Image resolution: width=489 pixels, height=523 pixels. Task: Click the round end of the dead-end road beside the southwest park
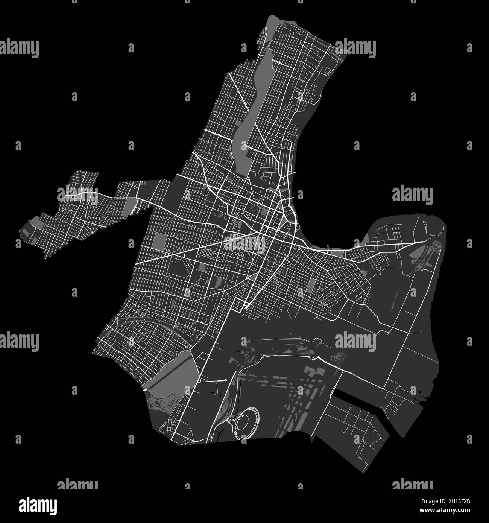coord(225,381)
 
